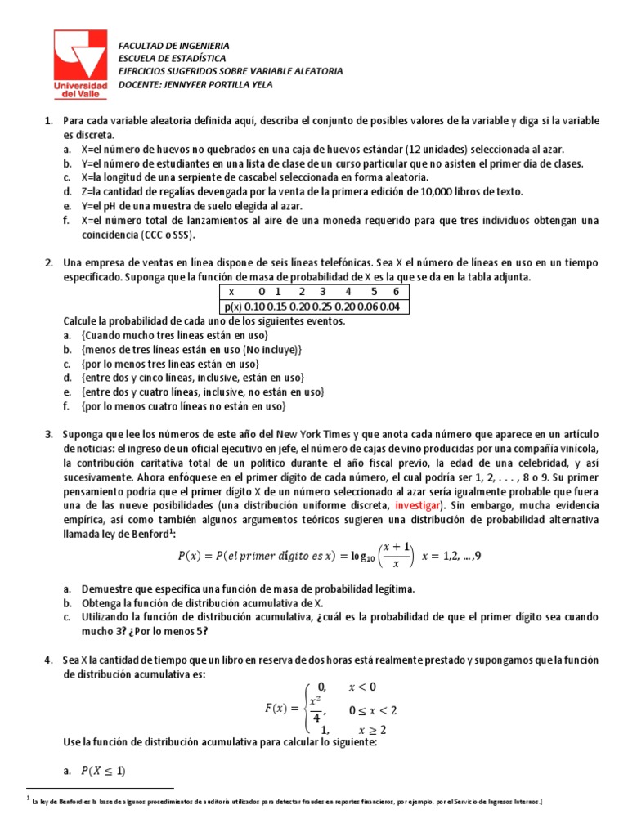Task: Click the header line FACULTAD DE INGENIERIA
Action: pos(174,46)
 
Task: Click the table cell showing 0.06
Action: pos(373,307)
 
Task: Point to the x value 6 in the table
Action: pos(396,291)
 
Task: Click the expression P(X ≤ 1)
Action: pos(103,771)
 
